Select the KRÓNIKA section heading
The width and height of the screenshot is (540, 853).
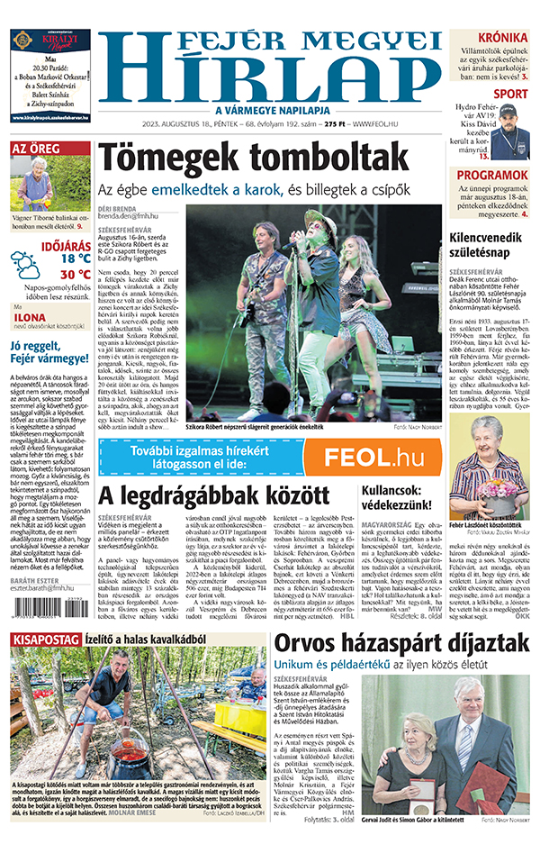[x=503, y=37]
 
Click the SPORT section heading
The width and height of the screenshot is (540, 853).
[x=510, y=94]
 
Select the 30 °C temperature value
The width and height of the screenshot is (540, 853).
[x=76, y=273]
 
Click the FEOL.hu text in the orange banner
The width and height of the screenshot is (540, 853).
[x=372, y=457]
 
